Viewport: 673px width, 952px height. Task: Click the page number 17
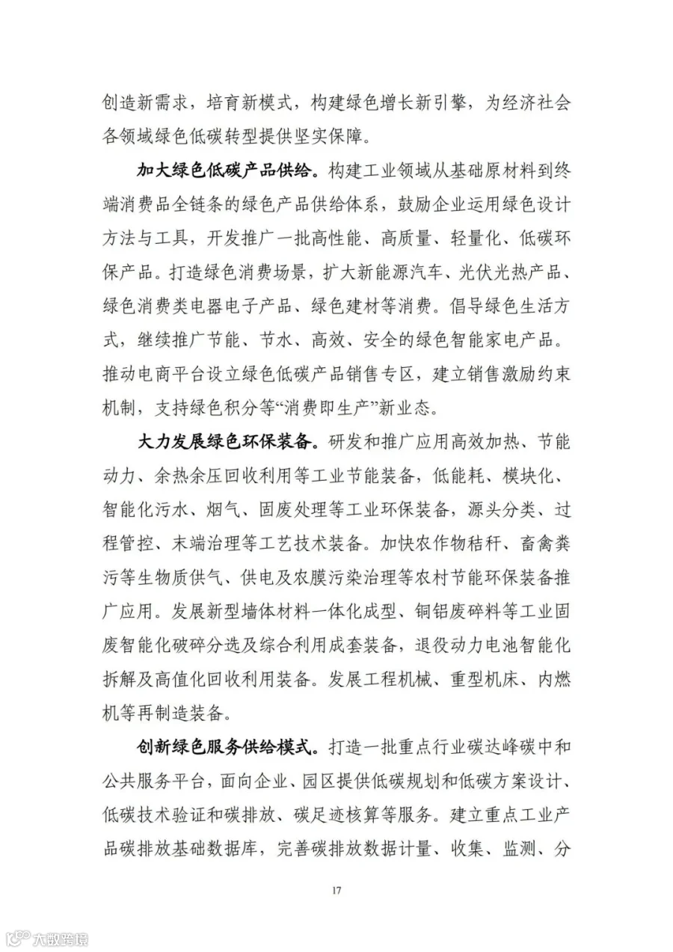(336, 889)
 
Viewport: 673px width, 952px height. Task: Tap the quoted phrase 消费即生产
(304, 408)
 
